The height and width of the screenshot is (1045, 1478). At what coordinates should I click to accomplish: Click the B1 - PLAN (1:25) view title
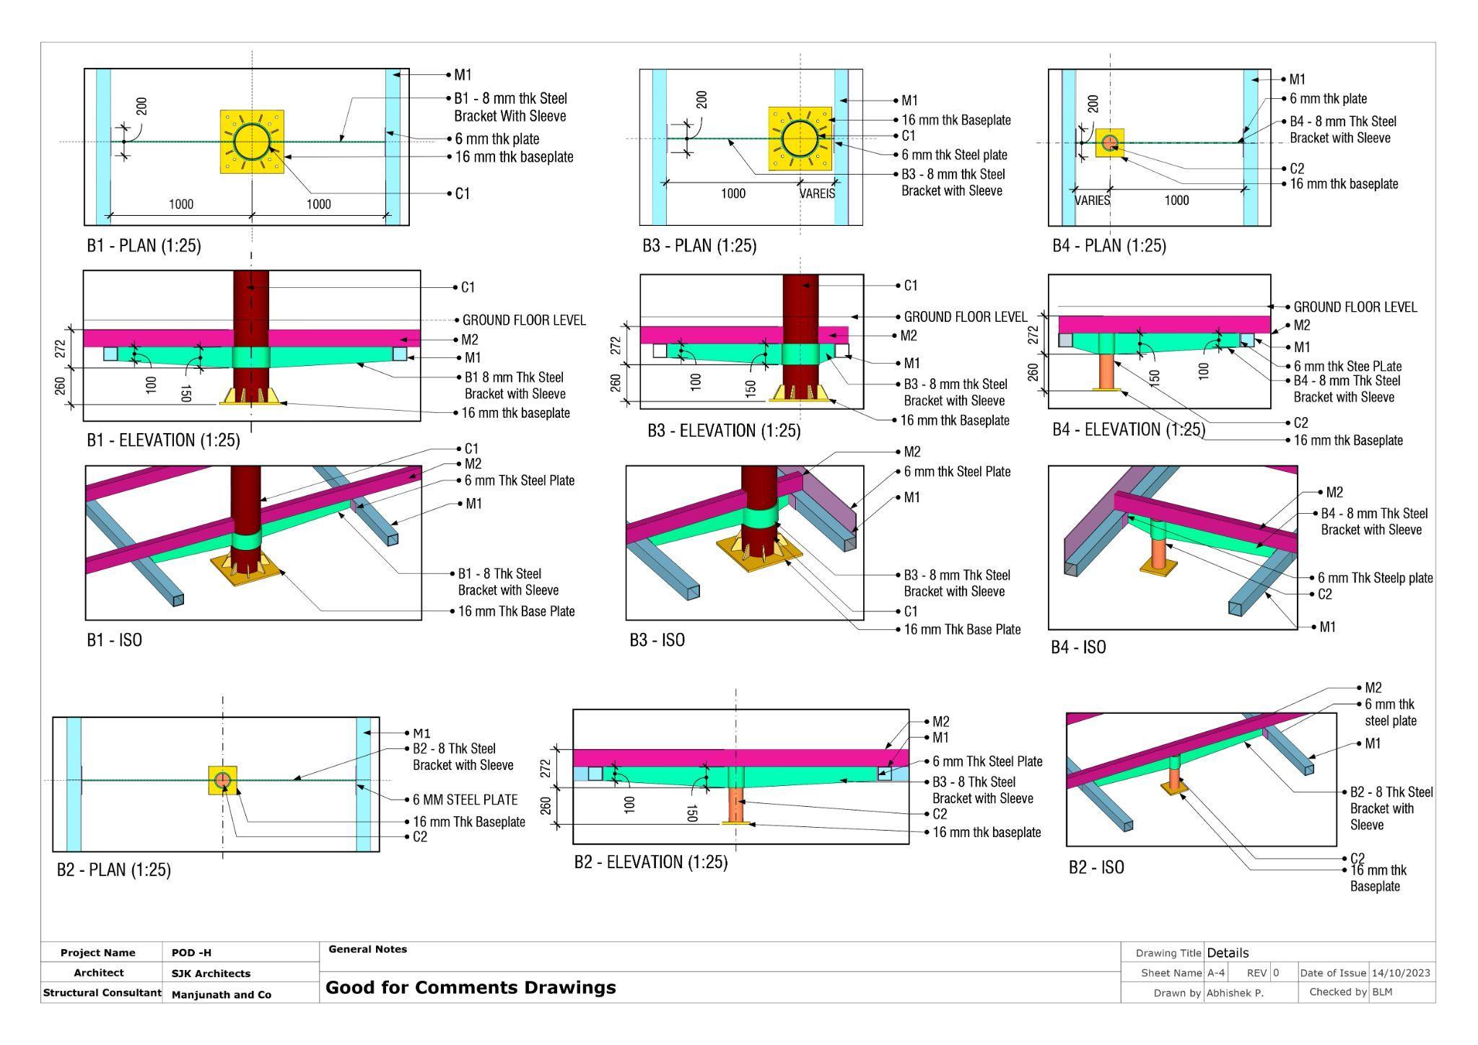(x=144, y=245)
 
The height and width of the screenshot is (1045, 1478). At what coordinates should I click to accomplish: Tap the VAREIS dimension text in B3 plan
(x=817, y=193)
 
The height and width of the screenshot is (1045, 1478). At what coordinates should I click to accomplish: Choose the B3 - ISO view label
(x=657, y=640)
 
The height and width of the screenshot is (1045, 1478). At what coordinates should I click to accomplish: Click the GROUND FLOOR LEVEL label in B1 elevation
(x=523, y=320)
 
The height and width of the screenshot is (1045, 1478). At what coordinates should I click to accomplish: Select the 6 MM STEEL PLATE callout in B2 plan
(x=465, y=800)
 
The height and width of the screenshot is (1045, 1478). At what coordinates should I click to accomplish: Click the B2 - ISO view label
(x=1096, y=867)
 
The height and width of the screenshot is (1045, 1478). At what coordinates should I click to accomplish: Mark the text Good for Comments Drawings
(x=471, y=987)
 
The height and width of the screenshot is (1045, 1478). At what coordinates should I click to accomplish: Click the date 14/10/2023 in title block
(x=1400, y=973)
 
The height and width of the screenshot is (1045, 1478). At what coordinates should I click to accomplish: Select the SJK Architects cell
(x=211, y=974)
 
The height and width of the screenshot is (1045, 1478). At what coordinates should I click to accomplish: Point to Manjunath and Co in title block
(x=221, y=994)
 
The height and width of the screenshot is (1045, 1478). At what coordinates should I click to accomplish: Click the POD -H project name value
(x=191, y=953)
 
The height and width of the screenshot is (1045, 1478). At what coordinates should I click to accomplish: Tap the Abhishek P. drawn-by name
(x=1234, y=993)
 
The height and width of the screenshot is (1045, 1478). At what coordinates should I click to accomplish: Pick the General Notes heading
(x=367, y=949)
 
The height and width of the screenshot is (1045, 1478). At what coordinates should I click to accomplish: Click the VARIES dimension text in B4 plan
(x=1092, y=201)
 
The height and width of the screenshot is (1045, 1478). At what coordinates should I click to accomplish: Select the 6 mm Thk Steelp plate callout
(x=1375, y=577)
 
